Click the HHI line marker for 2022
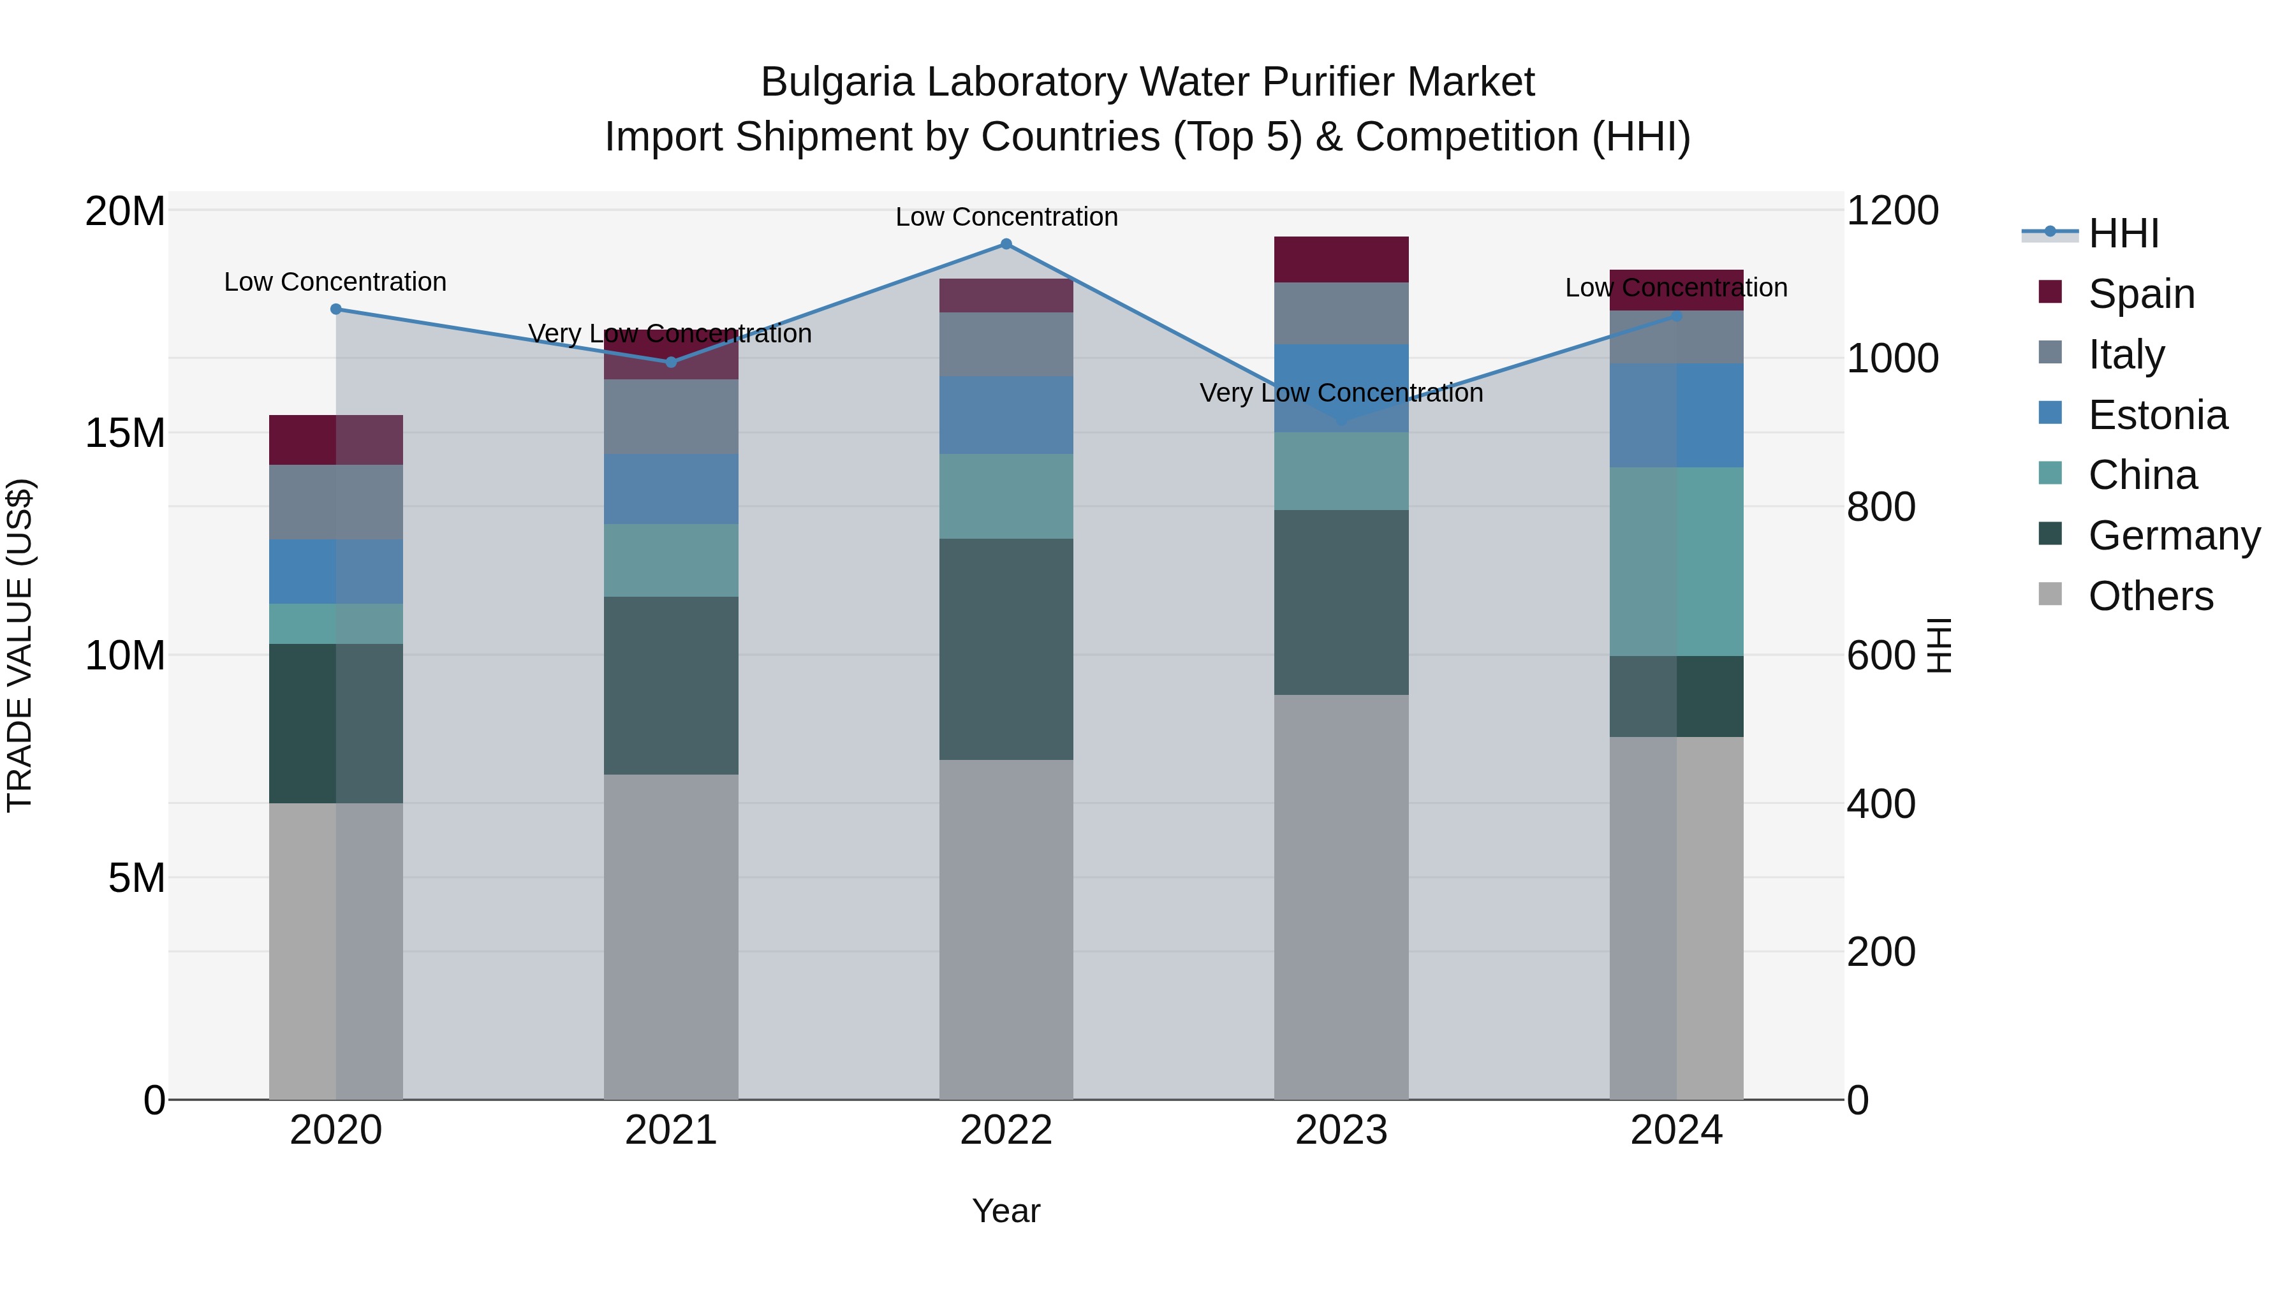click(1006, 244)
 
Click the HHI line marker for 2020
click(336, 309)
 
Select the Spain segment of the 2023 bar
click(1341, 259)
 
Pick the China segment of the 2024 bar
click(1677, 561)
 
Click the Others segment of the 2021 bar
click(671, 935)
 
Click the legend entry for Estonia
click(2157, 415)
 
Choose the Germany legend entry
click(2173, 536)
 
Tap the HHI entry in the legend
click(2123, 233)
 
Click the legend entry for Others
click(2150, 596)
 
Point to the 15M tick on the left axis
click(125, 433)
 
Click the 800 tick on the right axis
click(1881, 507)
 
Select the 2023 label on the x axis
click(1341, 1130)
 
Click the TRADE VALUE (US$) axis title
click(20, 645)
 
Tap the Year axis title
click(1006, 1211)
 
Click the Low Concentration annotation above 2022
click(1006, 217)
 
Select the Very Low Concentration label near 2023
click(1341, 393)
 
